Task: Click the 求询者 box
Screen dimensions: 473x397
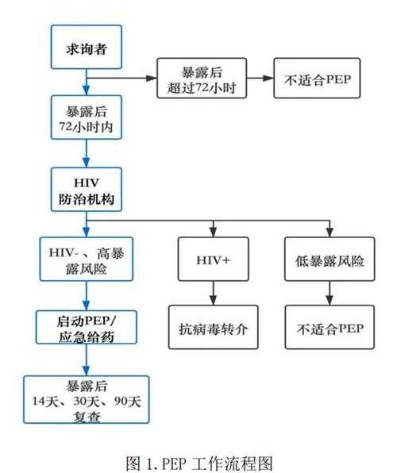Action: pos(87,48)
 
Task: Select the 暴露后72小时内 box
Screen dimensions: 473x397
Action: pos(87,119)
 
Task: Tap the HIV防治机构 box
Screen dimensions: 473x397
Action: pos(87,191)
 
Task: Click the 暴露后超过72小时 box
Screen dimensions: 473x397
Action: pos(202,80)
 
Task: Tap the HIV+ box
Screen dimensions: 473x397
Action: pos(214,260)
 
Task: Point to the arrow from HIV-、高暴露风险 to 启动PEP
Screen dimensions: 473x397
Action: pos(87,297)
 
